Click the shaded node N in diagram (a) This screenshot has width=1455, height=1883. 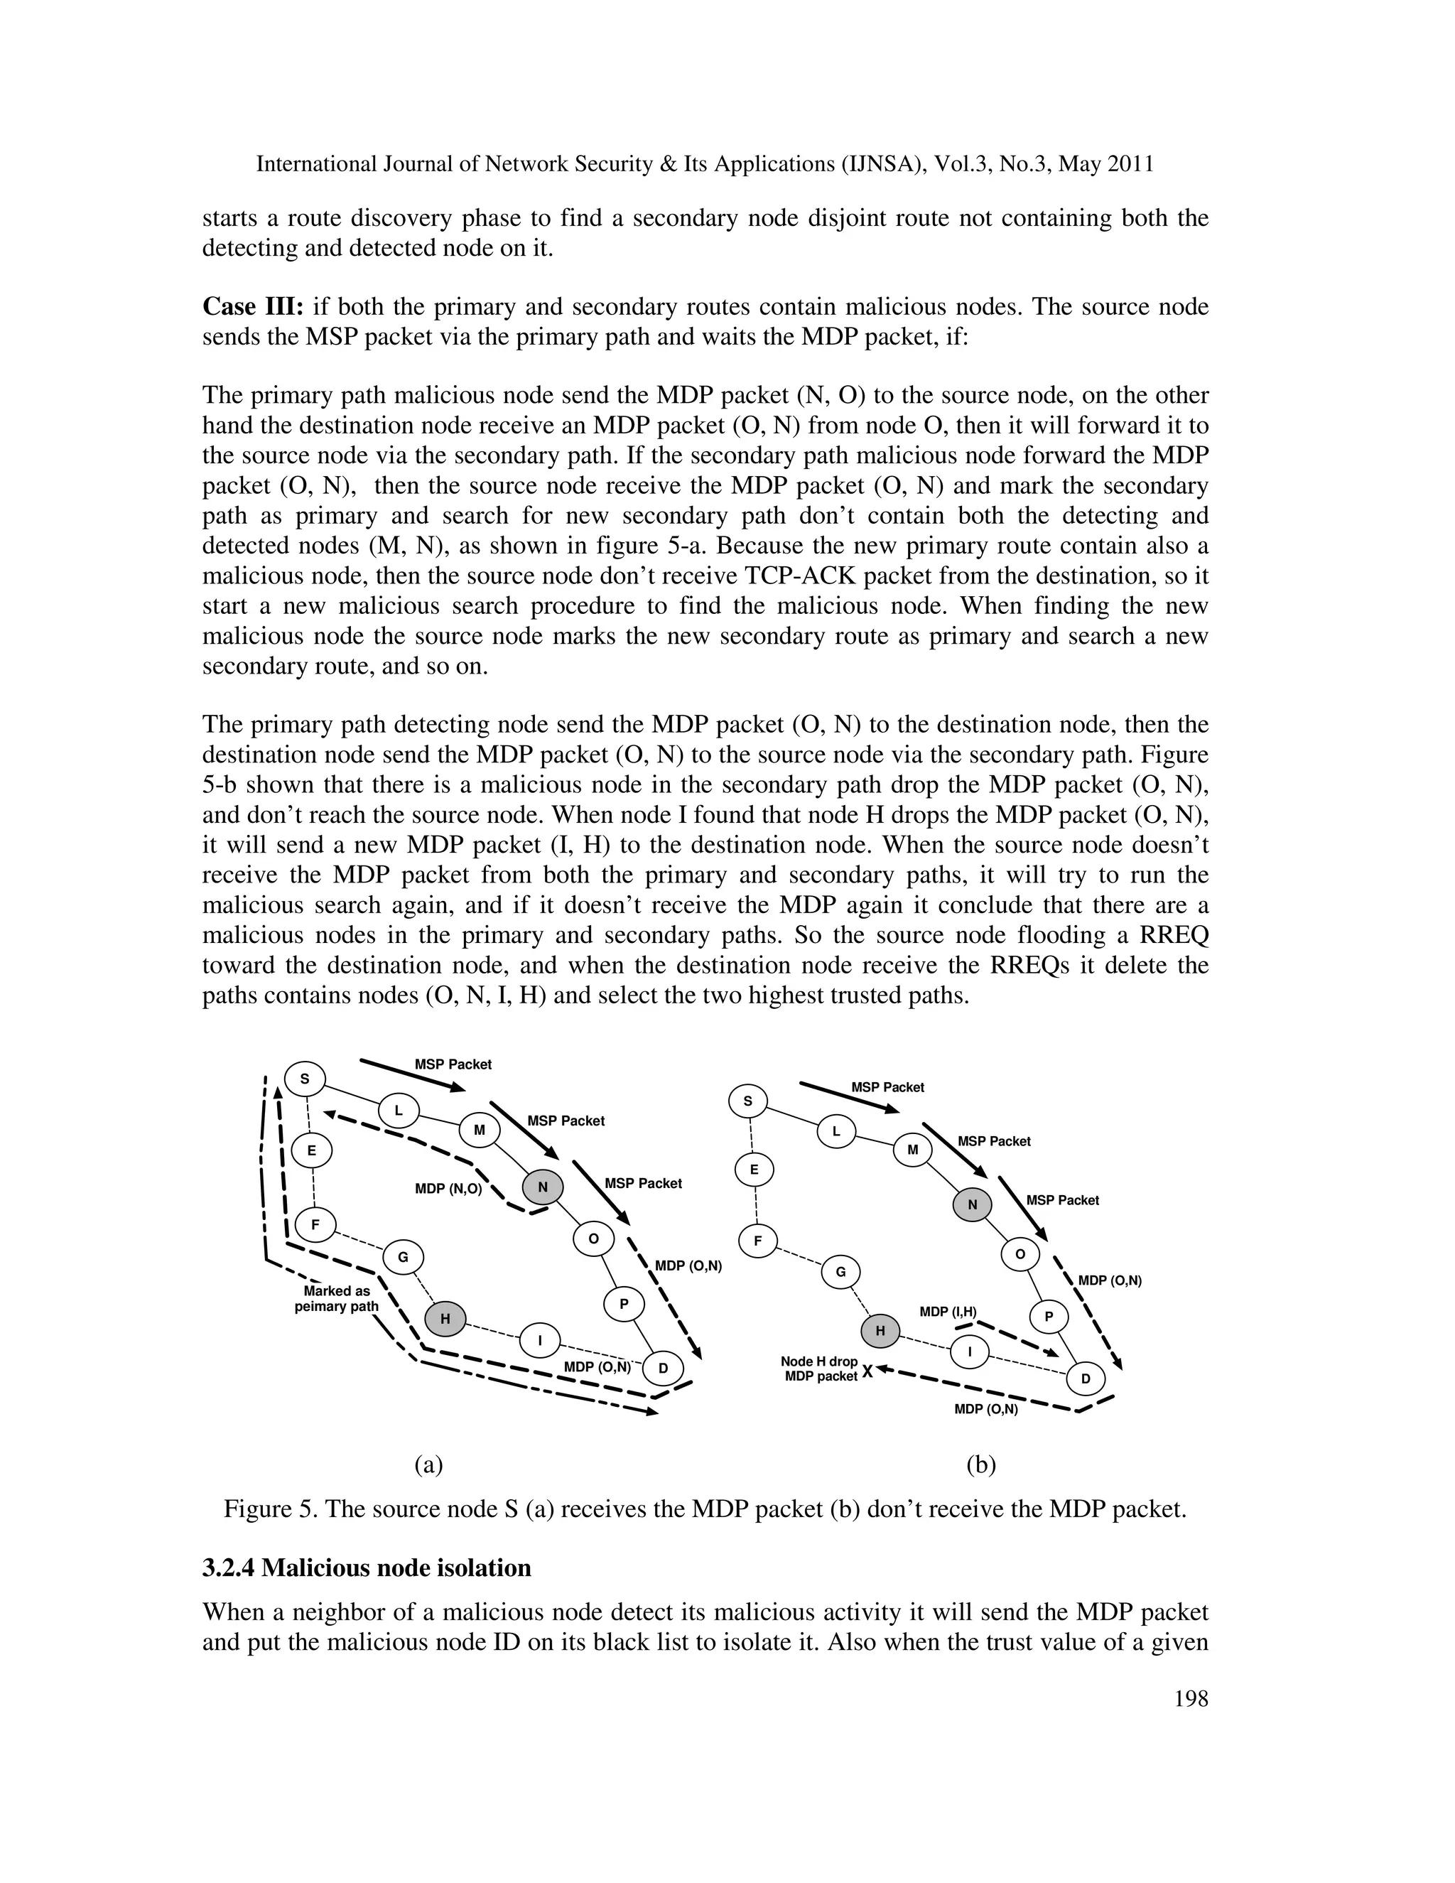(542, 1187)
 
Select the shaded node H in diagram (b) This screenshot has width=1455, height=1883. (880, 1330)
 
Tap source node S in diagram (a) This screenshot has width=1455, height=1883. (304, 1078)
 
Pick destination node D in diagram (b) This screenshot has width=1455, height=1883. (1086, 1378)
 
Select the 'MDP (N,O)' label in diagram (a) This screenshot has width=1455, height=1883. (448, 1189)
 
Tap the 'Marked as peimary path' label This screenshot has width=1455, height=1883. (336, 1298)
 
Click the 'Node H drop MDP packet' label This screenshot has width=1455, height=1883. (820, 1369)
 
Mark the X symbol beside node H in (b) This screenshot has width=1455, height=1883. (867, 1371)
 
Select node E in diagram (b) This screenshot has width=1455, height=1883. (754, 1170)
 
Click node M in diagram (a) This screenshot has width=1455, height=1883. (480, 1130)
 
